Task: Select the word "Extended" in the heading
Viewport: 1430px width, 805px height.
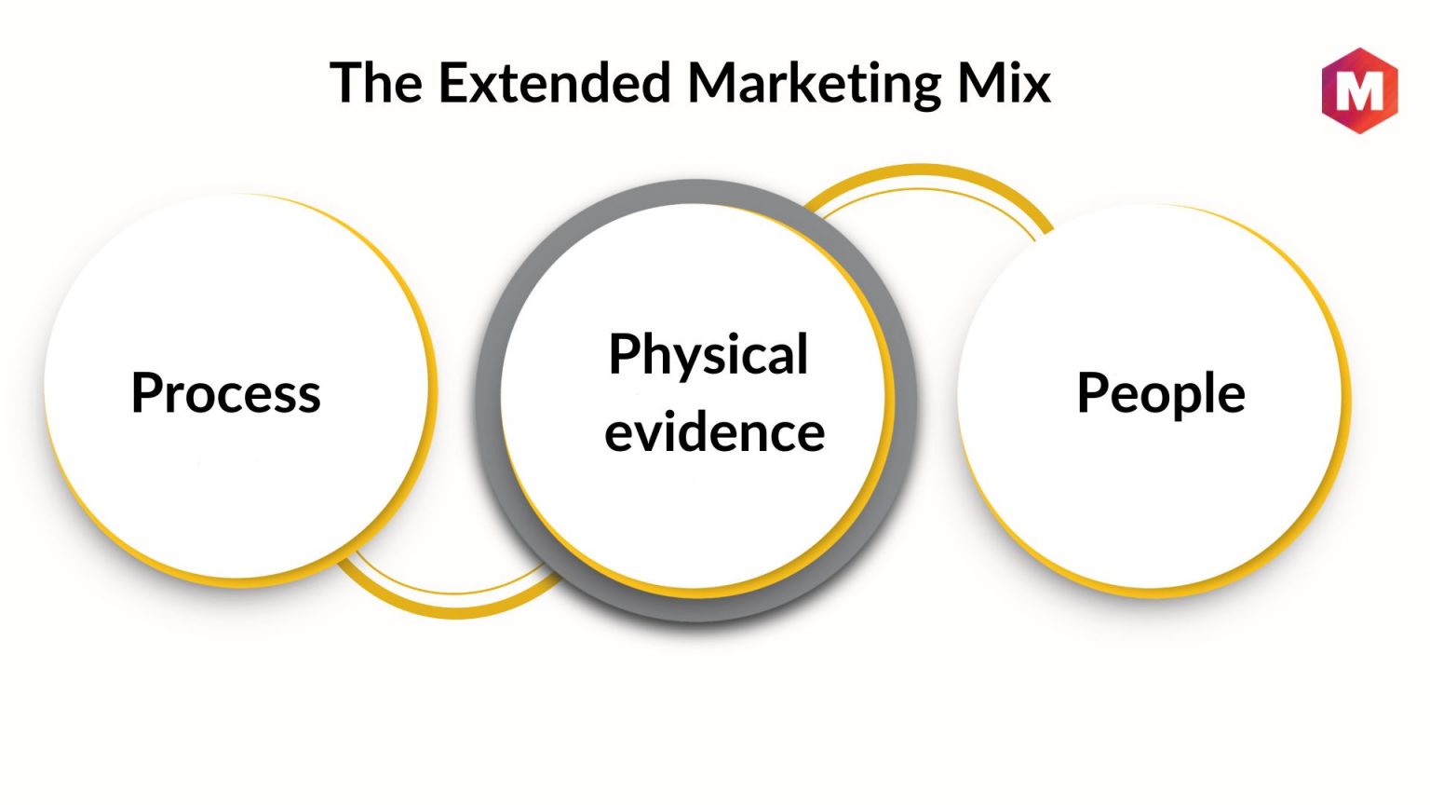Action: coord(555,82)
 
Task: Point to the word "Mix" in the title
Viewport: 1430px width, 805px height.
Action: coord(1005,82)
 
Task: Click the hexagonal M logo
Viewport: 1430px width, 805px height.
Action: coord(1360,90)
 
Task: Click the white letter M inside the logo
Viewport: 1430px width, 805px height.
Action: coord(1360,91)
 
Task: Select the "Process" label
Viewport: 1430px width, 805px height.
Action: coord(226,392)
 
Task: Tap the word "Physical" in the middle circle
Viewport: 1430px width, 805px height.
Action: coord(708,356)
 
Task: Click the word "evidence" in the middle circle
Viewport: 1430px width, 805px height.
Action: coord(714,431)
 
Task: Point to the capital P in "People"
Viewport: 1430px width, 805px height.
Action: coord(1091,392)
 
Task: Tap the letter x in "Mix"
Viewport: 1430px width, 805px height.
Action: coord(1034,88)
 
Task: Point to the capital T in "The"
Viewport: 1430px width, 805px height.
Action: coord(347,82)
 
